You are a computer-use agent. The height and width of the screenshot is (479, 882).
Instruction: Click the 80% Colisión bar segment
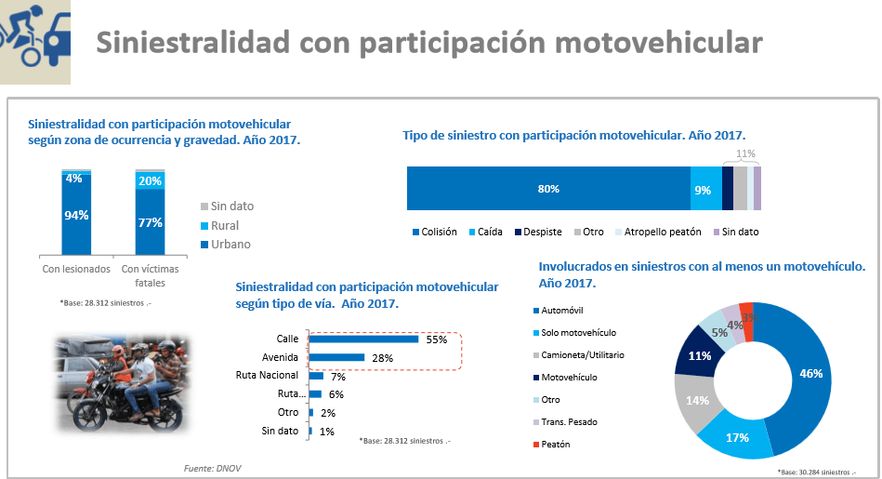point(547,190)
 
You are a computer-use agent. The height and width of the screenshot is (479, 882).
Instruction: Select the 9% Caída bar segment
point(704,190)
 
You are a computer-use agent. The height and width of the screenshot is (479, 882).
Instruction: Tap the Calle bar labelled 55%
point(364,339)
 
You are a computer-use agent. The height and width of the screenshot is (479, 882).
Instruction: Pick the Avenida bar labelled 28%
point(336,357)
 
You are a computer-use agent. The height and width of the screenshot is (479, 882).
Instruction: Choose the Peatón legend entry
point(554,445)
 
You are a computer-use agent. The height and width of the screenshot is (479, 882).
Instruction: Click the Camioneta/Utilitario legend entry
point(582,355)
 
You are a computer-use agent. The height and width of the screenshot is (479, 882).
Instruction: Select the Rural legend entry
point(224,225)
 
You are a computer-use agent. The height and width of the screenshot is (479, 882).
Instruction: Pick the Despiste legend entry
point(541,232)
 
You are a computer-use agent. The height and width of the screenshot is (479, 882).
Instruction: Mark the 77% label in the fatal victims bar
point(150,222)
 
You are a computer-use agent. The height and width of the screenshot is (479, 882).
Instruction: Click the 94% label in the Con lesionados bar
point(76,215)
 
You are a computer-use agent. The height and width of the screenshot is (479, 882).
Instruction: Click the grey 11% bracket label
point(745,153)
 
